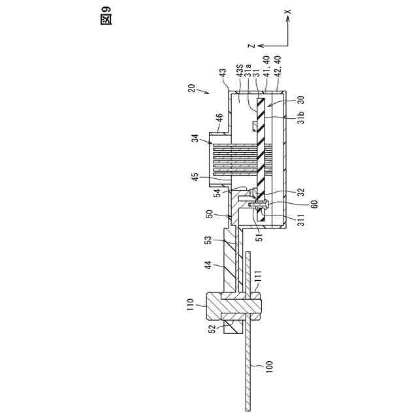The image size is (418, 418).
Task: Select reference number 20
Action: pos(191,89)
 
